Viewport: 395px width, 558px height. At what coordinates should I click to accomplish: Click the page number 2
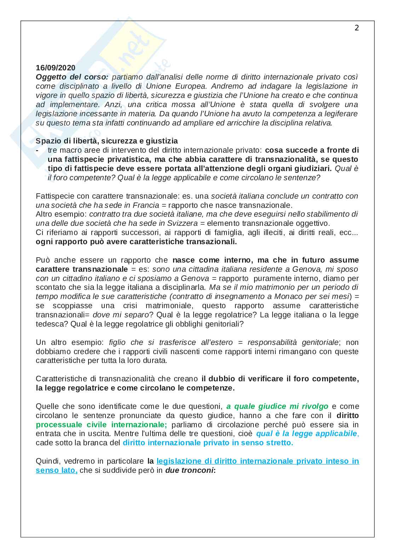(x=356, y=28)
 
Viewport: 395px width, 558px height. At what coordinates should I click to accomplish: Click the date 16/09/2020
(x=56, y=67)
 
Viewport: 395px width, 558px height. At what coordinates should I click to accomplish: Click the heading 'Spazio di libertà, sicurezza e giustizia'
(x=107, y=141)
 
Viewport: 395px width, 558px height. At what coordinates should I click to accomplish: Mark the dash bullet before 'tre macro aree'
(x=38, y=150)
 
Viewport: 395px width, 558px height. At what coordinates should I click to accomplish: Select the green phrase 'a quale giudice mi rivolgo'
(x=277, y=406)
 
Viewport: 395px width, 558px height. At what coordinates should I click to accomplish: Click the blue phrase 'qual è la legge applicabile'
(x=306, y=434)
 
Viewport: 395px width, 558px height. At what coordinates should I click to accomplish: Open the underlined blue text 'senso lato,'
(x=56, y=470)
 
